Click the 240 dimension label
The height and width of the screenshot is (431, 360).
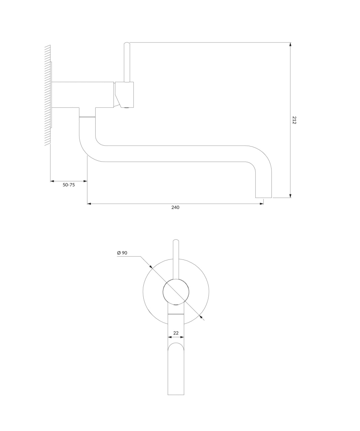[175, 207]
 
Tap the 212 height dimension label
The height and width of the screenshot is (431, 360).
[294, 120]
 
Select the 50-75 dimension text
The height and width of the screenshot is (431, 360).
[69, 185]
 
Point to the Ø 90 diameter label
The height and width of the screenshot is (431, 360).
[122, 253]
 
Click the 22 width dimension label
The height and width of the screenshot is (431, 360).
[176, 333]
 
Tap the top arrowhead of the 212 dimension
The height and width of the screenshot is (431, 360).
[290, 44]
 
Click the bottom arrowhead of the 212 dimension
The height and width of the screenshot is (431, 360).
[290, 196]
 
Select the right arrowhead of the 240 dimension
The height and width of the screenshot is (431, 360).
[262, 204]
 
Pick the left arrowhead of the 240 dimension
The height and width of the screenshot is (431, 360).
[89, 204]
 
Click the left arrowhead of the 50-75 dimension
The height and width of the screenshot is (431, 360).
[52, 181]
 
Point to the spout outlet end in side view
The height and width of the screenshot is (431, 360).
[263, 198]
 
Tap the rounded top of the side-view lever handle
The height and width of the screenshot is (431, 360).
[127, 43]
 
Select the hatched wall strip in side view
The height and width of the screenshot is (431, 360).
[47, 95]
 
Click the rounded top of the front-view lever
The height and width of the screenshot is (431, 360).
[176, 240]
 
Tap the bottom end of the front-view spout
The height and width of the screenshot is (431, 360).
[176, 395]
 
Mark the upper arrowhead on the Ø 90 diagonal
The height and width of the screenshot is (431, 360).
[151, 267]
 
